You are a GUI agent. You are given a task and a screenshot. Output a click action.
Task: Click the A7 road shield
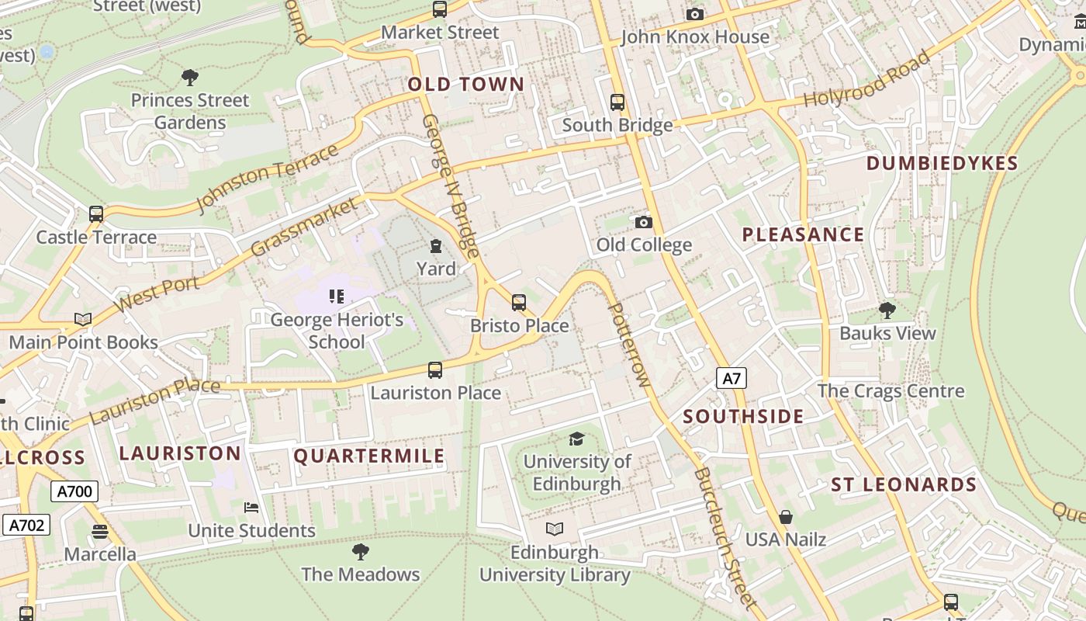(731, 379)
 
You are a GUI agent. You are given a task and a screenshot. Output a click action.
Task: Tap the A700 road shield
(74, 491)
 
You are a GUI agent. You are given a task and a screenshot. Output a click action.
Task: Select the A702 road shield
(26, 526)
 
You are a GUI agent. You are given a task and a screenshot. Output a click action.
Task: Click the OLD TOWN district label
(466, 85)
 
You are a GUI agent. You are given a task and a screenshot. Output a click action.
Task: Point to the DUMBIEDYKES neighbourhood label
(942, 163)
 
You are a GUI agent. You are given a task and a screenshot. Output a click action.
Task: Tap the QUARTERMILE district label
(369, 456)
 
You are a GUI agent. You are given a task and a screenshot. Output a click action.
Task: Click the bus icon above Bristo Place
(519, 303)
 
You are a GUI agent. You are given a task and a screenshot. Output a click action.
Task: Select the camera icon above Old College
(643, 223)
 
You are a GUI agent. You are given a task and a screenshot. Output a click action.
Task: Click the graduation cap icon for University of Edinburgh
(576, 439)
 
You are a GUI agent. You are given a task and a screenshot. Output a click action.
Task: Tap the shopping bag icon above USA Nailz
(786, 517)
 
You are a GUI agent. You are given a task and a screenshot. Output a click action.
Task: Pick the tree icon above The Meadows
(360, 552)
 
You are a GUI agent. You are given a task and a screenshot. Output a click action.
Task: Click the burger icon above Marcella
(100, 532)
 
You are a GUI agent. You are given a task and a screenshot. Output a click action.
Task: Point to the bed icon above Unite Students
(251, 508)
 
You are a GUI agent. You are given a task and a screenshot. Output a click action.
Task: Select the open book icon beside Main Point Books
(83, 319)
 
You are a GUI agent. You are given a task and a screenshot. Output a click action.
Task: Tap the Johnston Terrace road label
(268, 178)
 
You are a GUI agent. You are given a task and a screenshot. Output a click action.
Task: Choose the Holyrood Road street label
(866, 80)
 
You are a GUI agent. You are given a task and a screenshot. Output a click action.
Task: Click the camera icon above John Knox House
(695, 14)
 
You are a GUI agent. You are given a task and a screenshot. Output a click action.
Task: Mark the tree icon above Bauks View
(887, 310)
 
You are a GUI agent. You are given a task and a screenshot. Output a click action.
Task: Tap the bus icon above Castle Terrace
(96, 214)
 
